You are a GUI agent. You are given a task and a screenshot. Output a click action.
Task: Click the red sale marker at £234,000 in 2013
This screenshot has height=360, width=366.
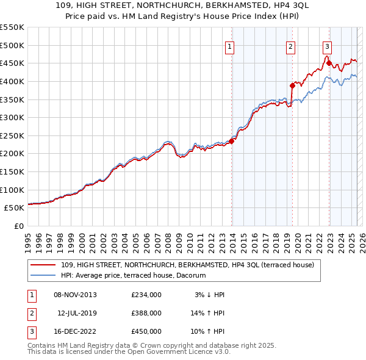click(232, 141)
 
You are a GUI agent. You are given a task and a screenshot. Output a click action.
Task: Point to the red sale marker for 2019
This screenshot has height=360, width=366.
click(292, 85)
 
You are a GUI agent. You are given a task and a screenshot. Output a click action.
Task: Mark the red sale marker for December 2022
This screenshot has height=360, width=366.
click(329, 63)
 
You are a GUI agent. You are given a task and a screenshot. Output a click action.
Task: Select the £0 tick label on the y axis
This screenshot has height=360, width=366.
click(19, 226)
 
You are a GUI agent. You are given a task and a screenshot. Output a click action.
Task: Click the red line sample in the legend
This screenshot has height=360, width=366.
click(43, 265)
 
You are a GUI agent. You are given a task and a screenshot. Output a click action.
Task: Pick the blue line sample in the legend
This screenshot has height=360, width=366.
click(43, 276)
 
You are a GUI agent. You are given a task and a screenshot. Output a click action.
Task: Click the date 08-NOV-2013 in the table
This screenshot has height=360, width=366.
click(75, 295)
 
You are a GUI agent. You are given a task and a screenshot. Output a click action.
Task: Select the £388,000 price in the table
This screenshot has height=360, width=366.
click(146, 313)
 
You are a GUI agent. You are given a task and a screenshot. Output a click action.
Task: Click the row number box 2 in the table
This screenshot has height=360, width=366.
click(30, 313)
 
